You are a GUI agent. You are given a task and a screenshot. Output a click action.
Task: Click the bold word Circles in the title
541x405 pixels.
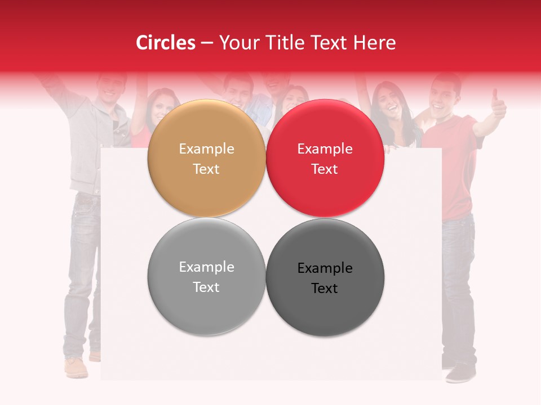(x=166, y=43)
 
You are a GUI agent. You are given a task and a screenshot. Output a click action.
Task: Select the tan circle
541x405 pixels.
(x=206, y=159)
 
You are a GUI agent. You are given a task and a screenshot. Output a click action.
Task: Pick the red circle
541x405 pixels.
(x=325, y=159)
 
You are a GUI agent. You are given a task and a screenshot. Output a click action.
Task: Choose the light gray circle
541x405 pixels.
(x=206, y=277)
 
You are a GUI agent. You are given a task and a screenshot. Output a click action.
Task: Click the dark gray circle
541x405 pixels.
(x=325, y=277)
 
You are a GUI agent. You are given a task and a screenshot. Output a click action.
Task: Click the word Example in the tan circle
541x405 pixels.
(x=206, y=148)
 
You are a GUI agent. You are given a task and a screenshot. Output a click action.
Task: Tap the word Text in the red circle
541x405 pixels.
(x=325, y=169)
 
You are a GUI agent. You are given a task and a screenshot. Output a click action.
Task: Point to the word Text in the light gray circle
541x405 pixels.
(x=206, y=287)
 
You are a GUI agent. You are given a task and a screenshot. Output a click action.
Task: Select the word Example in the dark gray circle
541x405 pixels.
(x=325, y=268)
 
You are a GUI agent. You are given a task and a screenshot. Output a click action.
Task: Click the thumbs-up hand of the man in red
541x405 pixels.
(x=498, y=104)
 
